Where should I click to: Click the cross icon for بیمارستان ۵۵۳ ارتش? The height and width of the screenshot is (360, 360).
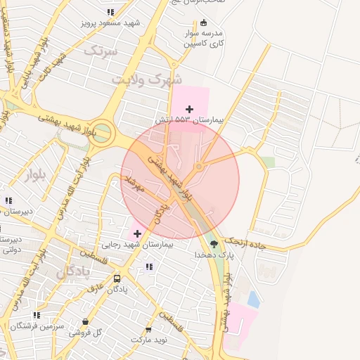(x=189, y=108)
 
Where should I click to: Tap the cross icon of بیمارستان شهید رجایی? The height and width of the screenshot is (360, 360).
(x=137, y=233)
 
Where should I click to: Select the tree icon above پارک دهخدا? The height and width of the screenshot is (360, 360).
(x=214, y=244)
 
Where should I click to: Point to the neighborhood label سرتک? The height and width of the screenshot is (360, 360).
(x=98, y=50)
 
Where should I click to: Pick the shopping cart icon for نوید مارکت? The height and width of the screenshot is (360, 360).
(x=148, y=329)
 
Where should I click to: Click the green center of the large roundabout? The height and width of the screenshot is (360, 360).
(x=101, y=134)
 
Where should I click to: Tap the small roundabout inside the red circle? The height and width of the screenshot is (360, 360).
(x=199, y=167)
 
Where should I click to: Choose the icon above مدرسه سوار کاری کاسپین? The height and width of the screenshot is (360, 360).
(x=204, y=22)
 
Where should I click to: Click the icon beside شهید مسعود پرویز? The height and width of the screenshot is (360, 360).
(x=110, y=12)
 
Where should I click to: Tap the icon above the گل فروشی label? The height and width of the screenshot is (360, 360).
(x=86, y=321)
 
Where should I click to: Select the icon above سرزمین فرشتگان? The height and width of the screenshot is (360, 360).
(x=37, y=315)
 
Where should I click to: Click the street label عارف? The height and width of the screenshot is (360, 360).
(x=95, y=288)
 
